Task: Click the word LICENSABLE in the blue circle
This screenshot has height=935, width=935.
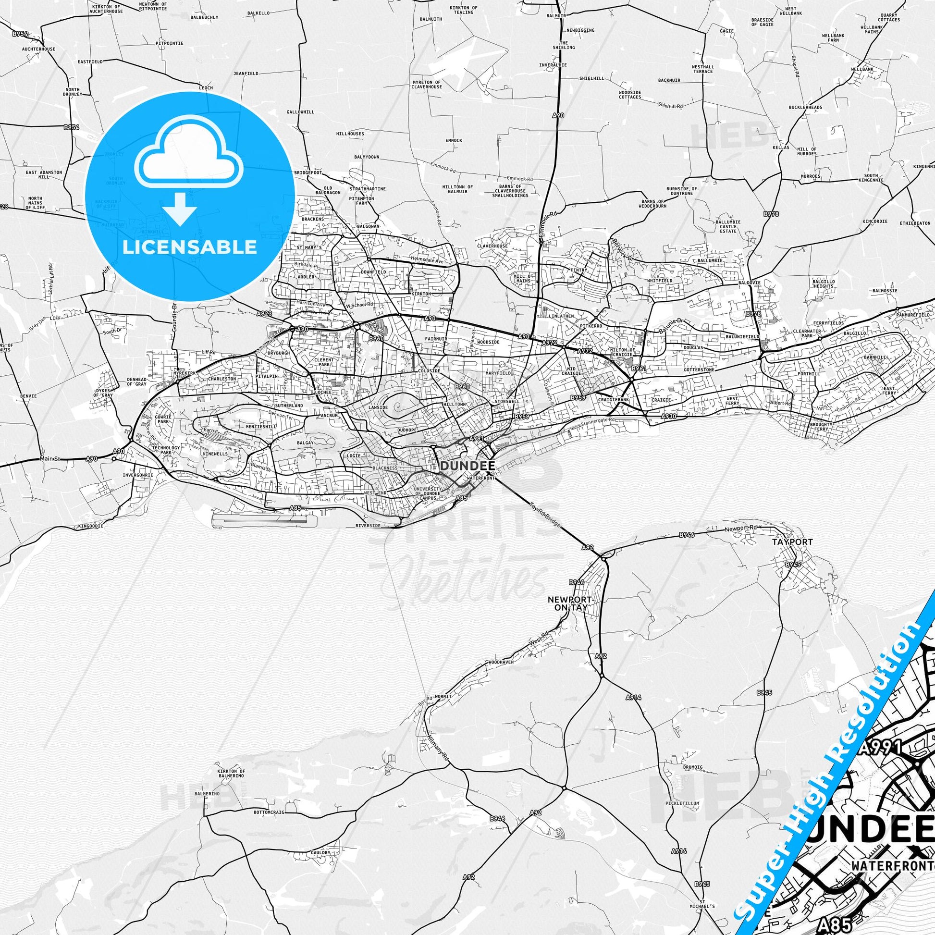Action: (189, 247)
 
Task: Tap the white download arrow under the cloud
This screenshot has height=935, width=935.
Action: (180, 210)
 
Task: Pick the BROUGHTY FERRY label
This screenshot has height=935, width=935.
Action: (820, 427)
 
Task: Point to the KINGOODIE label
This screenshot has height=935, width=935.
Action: (90, 526)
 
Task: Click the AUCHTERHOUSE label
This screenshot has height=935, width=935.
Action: (39, 49)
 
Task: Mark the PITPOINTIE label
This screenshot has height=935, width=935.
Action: (170, 43)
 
